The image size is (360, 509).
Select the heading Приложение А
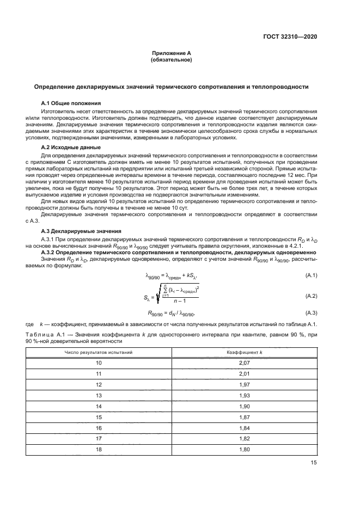pyautogui.click(x=171, y=53)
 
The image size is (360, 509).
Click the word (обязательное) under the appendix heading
pyautogui.click(x=171, y=60)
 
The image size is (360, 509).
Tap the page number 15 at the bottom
pyautogui.click(x=314, y=463)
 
